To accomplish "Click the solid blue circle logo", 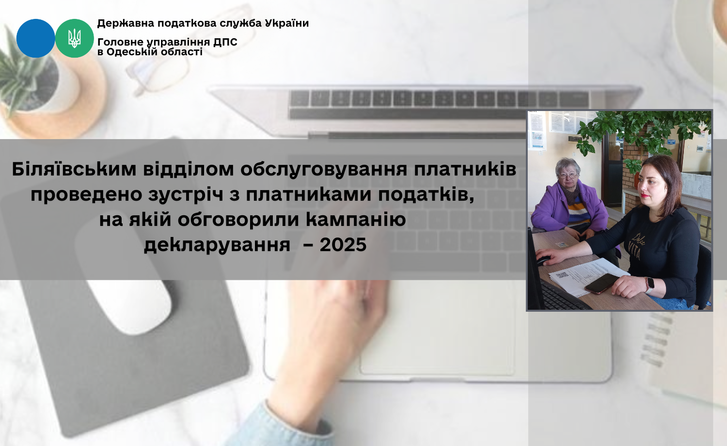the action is point(36,38).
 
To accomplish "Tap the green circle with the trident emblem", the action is point(74,38).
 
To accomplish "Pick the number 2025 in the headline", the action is point(343,244).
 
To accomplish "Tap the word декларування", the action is point(217,245).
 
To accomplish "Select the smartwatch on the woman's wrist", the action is point(650,286).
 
